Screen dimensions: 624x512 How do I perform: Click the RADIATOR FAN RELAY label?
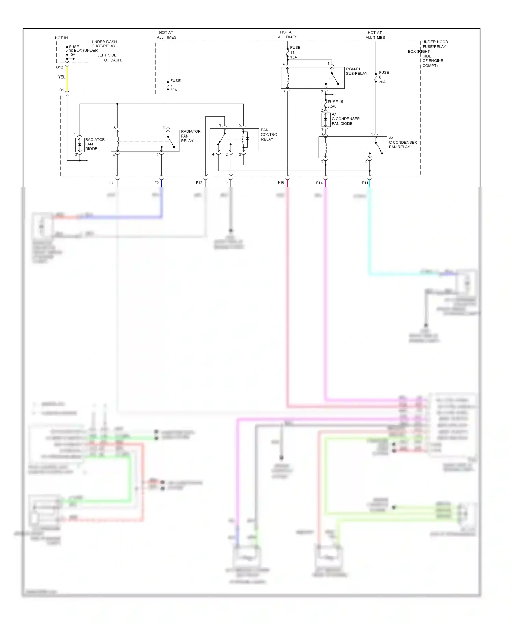[190, 136]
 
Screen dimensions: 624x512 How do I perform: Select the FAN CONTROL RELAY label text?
[270, 134]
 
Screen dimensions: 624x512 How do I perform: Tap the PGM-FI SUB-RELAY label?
[356, 71]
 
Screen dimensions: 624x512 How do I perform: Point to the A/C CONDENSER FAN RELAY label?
[402, 142]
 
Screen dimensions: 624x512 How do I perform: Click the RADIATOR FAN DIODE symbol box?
[80, 145]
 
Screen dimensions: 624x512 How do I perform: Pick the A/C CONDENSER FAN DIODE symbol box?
[326, 119]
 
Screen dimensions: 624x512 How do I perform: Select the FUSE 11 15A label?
[295, 52]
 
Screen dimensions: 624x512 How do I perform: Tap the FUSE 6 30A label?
[383, 77]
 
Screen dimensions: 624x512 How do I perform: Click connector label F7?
[111, 183]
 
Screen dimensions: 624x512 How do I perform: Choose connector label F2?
[156, 183]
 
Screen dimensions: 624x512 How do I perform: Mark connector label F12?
[199, 183]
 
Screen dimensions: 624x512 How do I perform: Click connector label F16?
[281, 182]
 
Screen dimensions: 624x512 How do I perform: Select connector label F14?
[319, 183]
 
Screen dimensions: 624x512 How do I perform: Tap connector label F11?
[365, 183]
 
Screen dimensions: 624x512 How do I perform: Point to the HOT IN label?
[61, 38]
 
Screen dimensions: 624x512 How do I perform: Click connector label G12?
[60, 67]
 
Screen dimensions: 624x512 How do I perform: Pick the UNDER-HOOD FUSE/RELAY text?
[435, 44]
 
